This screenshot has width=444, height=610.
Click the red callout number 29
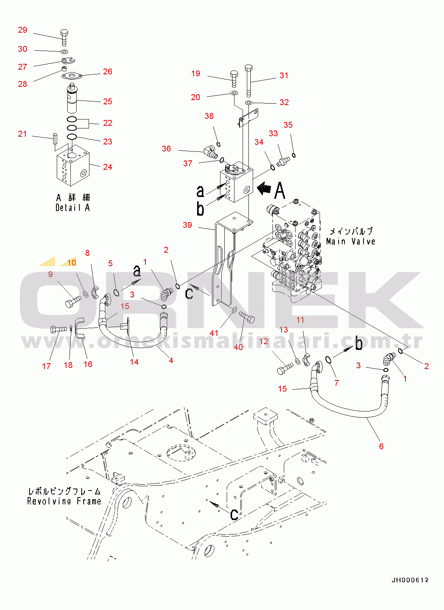23,30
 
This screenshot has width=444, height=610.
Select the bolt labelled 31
249,81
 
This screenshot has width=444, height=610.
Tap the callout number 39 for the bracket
187,225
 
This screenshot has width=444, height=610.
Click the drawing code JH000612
410,580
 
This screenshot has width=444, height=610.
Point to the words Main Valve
351,241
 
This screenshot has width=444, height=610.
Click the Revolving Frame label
64,501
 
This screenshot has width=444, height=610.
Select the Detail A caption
73,207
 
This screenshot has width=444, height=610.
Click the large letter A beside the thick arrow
280,191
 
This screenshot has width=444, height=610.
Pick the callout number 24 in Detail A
108,167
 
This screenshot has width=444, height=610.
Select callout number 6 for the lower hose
381,446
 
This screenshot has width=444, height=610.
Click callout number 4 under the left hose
171,360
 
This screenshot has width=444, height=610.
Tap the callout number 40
238,346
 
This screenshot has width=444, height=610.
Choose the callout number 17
46,366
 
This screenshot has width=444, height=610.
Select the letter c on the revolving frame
234,514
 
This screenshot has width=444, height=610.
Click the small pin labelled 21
55,138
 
